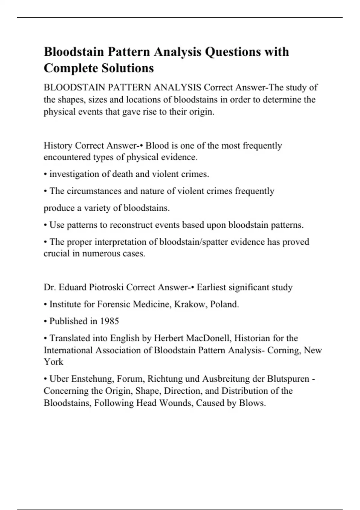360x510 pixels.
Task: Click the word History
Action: tap(58, 145)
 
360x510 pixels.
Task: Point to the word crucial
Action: tap(56, 253)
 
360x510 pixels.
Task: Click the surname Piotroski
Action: tap(106, 287)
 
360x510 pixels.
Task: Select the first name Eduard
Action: tap(73, 287)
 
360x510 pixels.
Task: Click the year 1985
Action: tap(109, 321)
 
